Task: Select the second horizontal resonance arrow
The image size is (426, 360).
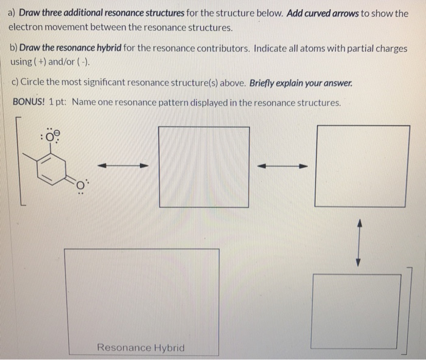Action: (x=282, y=165)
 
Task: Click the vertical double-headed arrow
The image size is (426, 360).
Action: (x=358, y=243)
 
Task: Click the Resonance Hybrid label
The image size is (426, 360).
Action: (x=141, y=347)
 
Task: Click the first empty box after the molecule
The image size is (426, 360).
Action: (x=204, y=167)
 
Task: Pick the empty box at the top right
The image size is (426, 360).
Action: (x=362, y=165)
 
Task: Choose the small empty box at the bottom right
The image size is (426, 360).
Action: (x=357, y=311)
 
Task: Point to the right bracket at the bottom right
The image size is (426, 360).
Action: (x=410, y=310)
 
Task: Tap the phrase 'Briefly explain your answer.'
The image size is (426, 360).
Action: (x=301, y=83)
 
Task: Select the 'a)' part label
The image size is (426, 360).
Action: (x=12, y=13)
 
